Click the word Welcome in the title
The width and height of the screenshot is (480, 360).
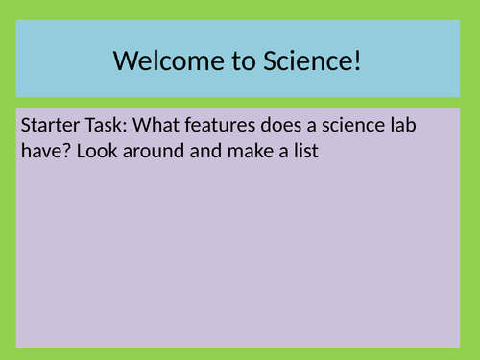162,62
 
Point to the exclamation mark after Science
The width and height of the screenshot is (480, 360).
359,62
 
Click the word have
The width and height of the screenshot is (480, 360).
39,151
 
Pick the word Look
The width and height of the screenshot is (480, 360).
94,151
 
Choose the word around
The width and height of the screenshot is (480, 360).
150,151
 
